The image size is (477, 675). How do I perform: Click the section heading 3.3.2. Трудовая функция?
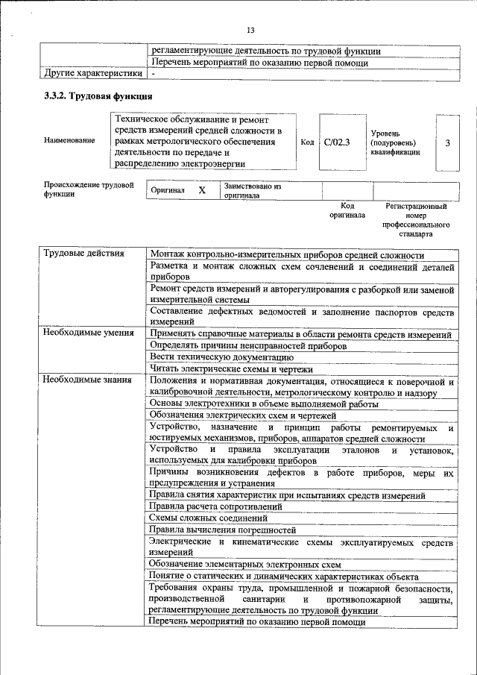(x=98, y=97)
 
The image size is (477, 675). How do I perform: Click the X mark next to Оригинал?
(x=201, y=190)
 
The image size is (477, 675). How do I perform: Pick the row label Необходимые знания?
(x=87, y=380)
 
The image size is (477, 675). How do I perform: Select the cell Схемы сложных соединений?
(x=208, y=518)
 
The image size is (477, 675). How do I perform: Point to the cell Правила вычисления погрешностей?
(x=220, y=530)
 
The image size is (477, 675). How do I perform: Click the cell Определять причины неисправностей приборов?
(x=248, y=345)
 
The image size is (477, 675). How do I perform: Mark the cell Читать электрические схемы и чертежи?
(x=230, y=368)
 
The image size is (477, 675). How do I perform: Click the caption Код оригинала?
(x=347, y=210)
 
